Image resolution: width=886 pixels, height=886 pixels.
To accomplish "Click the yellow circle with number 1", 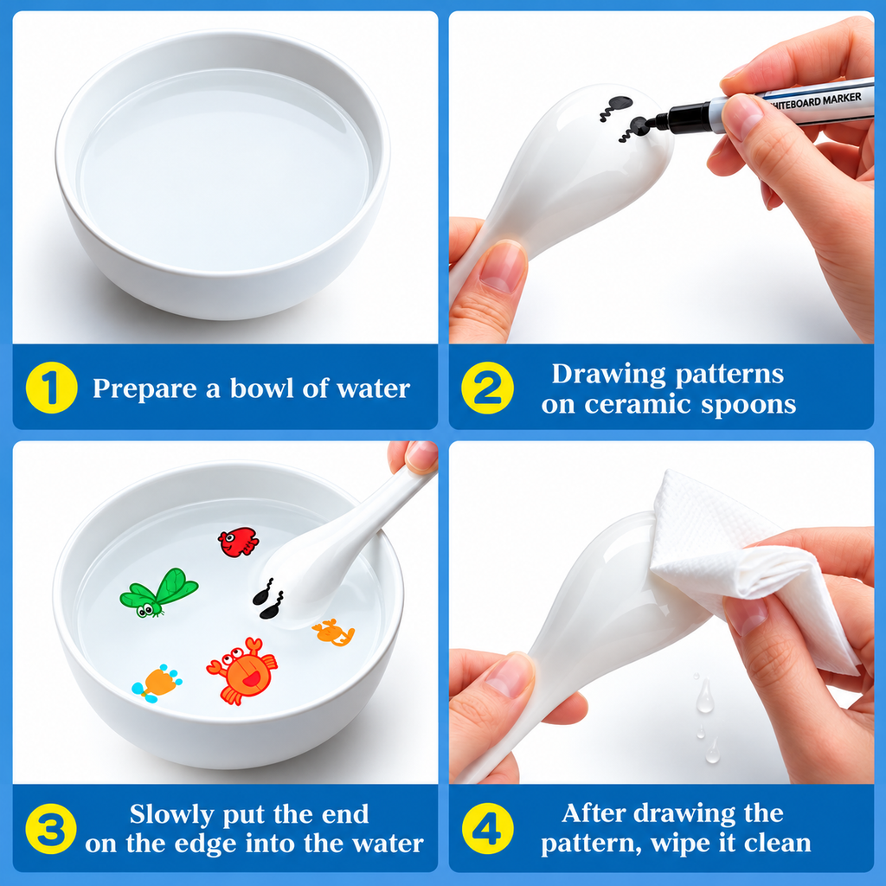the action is [x=51, y=388].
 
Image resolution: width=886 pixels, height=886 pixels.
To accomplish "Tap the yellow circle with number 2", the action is [x=488, y=388].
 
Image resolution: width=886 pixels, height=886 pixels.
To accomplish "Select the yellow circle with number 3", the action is [x=51, y=828].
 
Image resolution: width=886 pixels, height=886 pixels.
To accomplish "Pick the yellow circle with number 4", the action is [x=488, y=828].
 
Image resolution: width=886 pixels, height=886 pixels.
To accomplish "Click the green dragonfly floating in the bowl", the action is [x=159, y=593].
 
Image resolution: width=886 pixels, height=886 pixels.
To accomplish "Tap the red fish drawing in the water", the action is [x=239, y=542].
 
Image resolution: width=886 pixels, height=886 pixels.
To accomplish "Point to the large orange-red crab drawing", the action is [x=242, y=671].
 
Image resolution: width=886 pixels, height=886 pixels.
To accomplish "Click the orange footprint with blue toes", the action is [x=157, y=684].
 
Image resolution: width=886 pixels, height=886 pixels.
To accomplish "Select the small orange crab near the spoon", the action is [x=333, y=632].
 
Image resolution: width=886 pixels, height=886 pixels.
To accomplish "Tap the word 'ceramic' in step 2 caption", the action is [x=638, y=404].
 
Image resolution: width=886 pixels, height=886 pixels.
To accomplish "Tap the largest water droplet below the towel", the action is [x=704, y=696].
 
